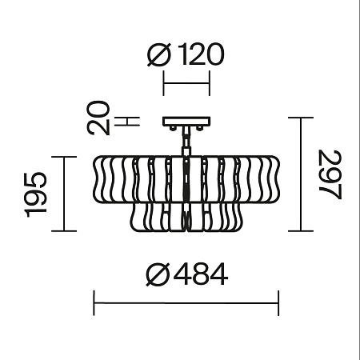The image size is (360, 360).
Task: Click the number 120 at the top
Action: point(201,54)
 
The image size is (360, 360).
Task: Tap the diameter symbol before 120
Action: point(158,54)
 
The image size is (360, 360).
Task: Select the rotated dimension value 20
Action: point(98,118)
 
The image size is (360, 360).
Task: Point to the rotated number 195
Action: point(35,194)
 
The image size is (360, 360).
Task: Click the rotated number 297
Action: point(330,174)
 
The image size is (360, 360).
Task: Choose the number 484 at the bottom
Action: point(201,274)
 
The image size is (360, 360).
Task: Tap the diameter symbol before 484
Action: point(158,274)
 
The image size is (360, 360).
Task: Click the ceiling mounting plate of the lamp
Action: point(186,122)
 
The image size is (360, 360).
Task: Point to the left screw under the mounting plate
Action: point(173,128)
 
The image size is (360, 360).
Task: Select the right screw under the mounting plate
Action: point(199,128)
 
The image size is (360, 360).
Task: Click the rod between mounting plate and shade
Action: point(186,141)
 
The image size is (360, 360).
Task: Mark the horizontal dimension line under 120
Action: point(186,83)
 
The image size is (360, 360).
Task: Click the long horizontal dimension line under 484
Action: point(186,303)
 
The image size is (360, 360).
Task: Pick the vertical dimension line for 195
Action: point(64,194)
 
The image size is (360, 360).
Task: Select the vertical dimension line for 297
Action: point(301,174)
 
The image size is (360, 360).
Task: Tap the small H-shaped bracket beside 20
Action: point(127,122)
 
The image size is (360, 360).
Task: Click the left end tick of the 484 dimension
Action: point(94,303)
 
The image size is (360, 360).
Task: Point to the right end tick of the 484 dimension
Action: point(278,303)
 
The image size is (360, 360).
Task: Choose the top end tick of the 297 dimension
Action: point(301,118)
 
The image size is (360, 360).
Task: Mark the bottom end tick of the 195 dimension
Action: point(64,231)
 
